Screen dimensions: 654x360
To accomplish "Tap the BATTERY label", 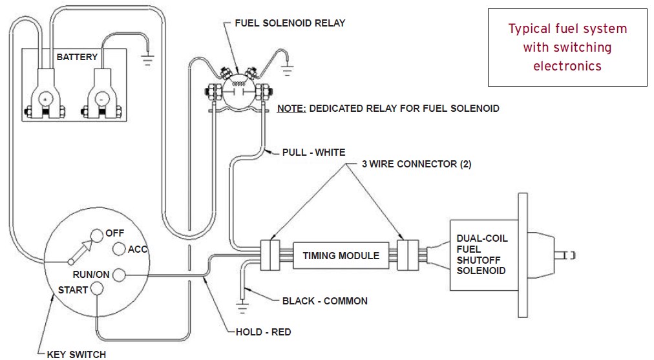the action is (x=77, y=57).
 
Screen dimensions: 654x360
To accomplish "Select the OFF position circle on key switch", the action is (x=97, y=235).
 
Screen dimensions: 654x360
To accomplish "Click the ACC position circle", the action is (x=120, y=249).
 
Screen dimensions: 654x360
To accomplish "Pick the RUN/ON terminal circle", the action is (x=119, y=275).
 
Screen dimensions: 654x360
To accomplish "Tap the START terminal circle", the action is (x=97, y=289).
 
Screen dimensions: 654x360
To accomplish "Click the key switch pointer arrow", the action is (x=81, y=251).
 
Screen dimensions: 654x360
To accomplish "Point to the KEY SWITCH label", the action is (x=76, y=355).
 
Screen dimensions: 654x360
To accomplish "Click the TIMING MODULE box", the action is (x=341, y=256).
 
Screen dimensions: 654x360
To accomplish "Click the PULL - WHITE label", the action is (x=313, y=153).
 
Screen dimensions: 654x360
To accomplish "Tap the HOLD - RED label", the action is (x=263, y=332).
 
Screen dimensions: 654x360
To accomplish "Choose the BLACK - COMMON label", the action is (x=325, y=301).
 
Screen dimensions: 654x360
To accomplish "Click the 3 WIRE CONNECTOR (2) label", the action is (x=417, y=164).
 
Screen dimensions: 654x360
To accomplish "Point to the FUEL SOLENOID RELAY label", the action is (x=290, y=23).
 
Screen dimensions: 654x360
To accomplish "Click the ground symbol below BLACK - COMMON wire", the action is (x=242, y=307).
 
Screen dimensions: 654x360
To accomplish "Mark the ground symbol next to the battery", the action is (x=147, y=61).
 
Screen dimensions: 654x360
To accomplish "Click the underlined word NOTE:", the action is (x=291, y=109).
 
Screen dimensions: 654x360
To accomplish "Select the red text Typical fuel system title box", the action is (x=567, y=47).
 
